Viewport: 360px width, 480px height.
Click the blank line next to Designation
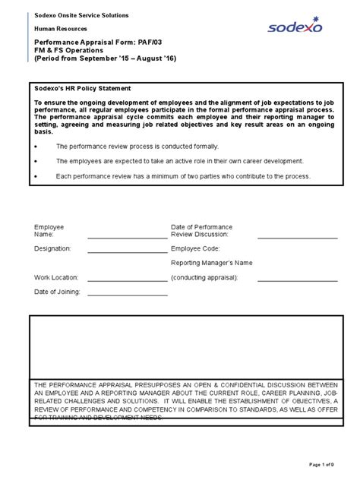pos(127,251)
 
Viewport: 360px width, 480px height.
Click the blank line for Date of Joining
pos(127,295)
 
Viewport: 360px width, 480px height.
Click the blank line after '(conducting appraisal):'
pos(292,280)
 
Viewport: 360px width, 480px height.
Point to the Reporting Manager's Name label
pos(211,263)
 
